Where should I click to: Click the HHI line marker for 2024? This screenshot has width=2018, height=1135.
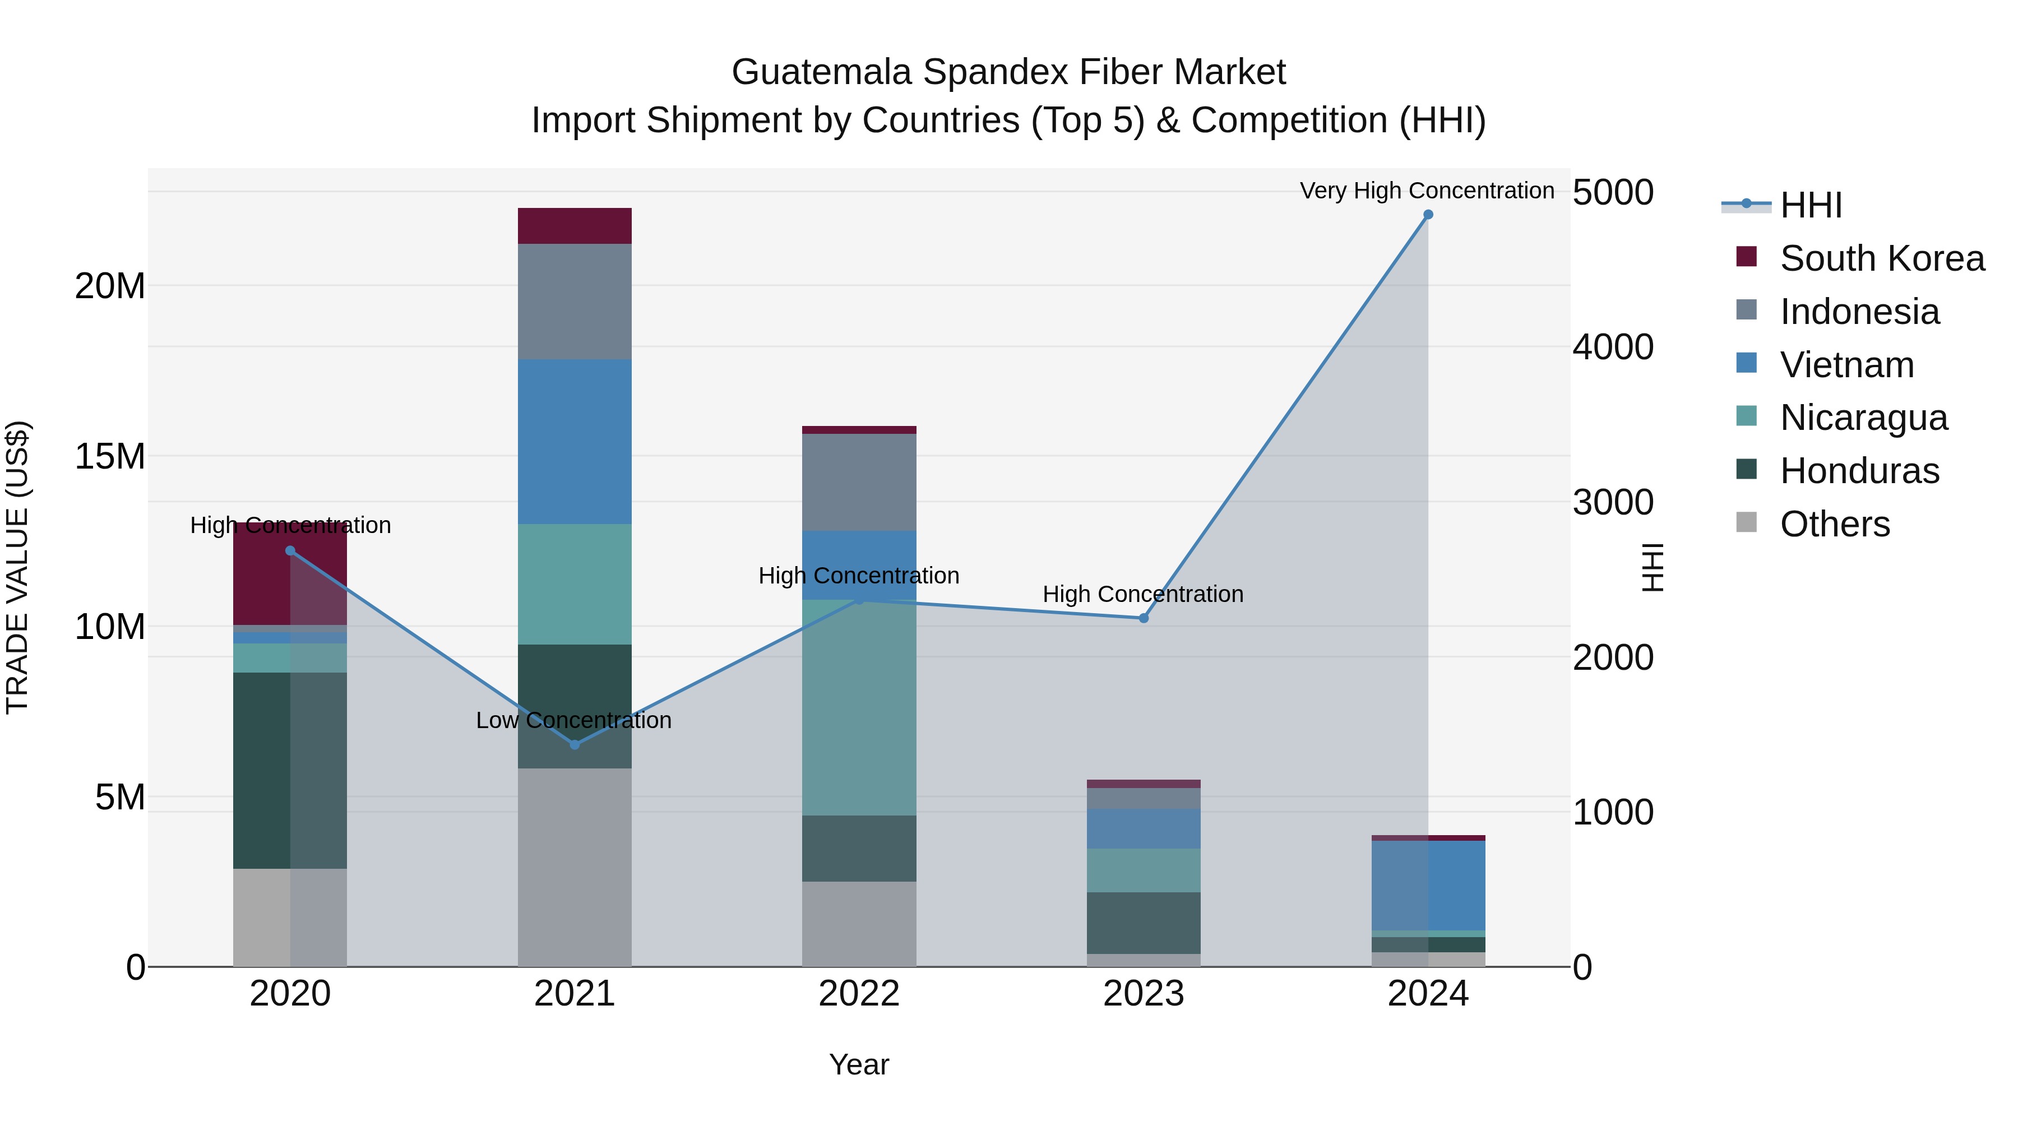[x=1427, y=215]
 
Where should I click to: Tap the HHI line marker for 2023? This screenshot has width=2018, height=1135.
[x=1143, y=618]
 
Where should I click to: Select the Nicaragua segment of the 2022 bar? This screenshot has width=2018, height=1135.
[x=859, y=707]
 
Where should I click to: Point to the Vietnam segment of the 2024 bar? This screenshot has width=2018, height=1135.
[x=1427, y=885]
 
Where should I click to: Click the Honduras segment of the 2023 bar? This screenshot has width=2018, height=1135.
[x=1143, y=923]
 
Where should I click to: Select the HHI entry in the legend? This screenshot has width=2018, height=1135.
[x=1809, y=205]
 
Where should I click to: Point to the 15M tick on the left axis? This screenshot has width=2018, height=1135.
[x=110, y=456]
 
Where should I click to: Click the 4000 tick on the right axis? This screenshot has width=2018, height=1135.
[x=1612, y=347]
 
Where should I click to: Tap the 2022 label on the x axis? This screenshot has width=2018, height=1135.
[x=859, y=994]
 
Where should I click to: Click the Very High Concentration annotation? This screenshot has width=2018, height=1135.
[x=1427, y=191]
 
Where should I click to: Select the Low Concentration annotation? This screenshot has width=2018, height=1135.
[x=573, y=720]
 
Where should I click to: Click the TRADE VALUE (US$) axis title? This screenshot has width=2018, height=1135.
[x=17, y=567]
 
